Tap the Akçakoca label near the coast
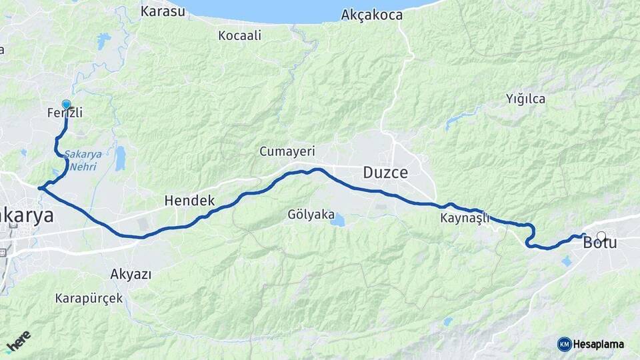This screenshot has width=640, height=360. click(371, 14)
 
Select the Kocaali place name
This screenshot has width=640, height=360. click(239, 35)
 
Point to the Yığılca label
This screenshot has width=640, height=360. click(525, 99)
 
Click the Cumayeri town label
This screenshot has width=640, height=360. click(287, 152)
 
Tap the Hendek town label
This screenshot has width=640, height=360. click(189, 200)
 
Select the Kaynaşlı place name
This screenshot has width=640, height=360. click(465, 218)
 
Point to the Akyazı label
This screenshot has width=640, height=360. click(131, 273)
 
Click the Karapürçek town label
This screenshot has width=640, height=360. click(89, 298)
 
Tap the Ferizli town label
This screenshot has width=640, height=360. click(65, 113)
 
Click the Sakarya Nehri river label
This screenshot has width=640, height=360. click(83, 160)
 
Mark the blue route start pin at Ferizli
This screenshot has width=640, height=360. click(66, 105)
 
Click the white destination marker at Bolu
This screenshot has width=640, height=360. click(601, 236)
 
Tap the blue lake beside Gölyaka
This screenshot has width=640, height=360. click(339, 219)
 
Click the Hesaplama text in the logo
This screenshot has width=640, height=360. click(598, 344)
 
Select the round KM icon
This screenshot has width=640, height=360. click(564, 344)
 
